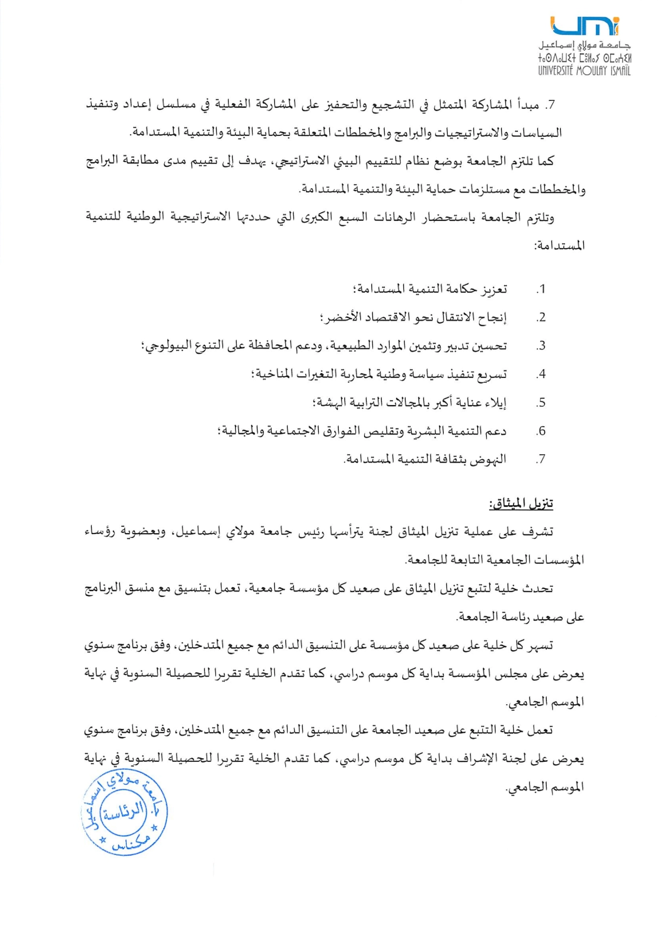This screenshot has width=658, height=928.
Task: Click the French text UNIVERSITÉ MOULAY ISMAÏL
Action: [x=585, y=71]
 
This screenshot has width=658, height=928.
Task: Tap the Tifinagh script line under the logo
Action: [x=585, y=59]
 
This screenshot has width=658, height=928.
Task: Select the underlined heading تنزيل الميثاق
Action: [x=521, y=504]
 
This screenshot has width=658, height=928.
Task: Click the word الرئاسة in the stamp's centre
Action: [x=124, y=811]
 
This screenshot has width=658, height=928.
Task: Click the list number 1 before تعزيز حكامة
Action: [x=541, y=289]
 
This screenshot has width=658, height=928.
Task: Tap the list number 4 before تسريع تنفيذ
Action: [x=541, y=374]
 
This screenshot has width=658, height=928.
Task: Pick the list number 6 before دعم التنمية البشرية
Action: [x=541, y=431]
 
